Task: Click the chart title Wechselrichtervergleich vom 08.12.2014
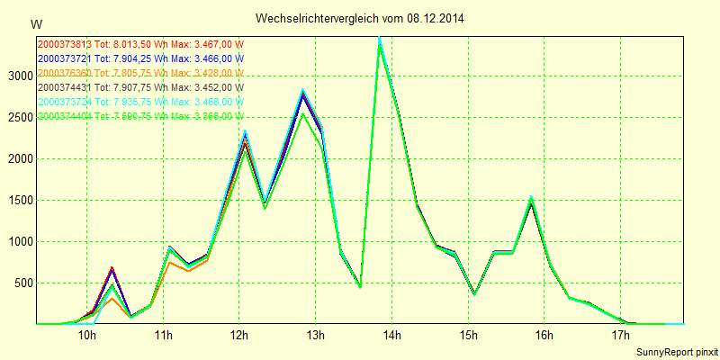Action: (x=360, y=18)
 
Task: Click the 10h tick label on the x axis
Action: (x=87, y=336)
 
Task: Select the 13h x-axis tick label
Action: (x=316, y=336)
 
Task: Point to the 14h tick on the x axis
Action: (x=391, y=336)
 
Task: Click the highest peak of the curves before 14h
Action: (x=380, y=41)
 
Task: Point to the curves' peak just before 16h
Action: (x=531, y=200)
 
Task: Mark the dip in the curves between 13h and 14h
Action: (x=360, y=286)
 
